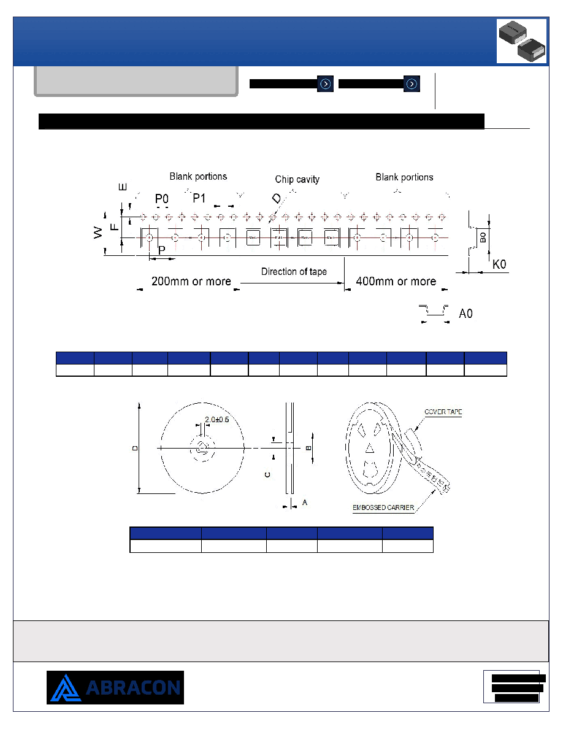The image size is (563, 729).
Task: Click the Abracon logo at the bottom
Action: coord(115,687)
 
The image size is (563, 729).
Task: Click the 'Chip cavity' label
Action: coord(297,179)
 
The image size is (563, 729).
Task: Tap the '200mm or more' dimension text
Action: coord(191,281)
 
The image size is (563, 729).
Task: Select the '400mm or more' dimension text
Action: coord(396,281)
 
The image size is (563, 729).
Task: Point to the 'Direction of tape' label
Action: coord(294,271)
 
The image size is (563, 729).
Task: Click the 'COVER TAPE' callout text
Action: coord(443,412)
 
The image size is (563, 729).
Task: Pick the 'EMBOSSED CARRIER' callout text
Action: coord(383,507)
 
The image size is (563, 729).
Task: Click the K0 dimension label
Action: coord(499,264)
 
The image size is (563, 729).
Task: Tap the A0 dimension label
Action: coord(465,314)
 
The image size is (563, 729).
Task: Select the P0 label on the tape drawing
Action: coord(162,199)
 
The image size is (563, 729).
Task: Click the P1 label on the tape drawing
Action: coord(199,199)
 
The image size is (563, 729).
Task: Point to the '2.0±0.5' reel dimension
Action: coord(217,419)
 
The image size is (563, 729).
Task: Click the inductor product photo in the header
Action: coord(522,41)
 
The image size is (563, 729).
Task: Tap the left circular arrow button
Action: coord(326,83)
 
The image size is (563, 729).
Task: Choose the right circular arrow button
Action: coord(412,83)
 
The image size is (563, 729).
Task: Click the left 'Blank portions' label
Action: coord(198,177)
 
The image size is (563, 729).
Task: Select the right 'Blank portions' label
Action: coord(404,177)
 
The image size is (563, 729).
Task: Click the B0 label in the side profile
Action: coord(483,237)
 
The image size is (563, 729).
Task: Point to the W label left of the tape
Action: coord(98,233)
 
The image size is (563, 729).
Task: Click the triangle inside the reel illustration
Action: coord(370,448)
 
